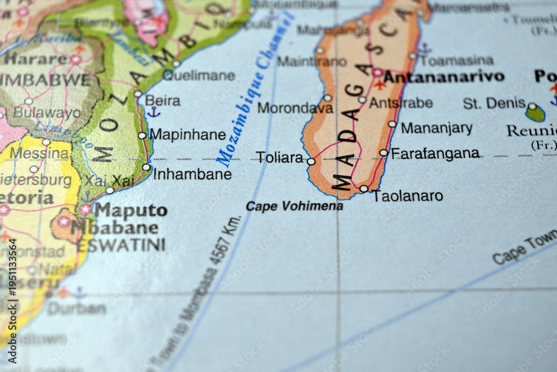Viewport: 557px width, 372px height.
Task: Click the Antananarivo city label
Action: click(443, 76)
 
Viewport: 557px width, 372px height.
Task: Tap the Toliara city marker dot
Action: click(311, 162)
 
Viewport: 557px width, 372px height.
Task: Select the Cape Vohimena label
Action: click(294, 206)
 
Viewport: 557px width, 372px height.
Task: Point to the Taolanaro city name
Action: click(408, 196)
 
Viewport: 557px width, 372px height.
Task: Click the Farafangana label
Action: click(435, 153)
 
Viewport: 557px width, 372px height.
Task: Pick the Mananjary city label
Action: click(437, 128)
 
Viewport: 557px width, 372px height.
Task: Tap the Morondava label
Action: click(295, 108)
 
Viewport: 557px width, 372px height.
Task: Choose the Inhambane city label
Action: click(192, 174)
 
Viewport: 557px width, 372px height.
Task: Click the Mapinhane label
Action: click(188, 134)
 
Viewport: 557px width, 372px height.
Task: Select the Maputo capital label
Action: click(130, 210)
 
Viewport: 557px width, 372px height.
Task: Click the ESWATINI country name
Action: click(121, 245)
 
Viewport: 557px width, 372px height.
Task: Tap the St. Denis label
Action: click(494, 103)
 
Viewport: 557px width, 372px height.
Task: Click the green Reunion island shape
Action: click(535, 114)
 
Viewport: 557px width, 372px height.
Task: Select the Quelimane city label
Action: click(199, 75)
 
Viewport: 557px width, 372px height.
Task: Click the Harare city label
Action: click(36, 59)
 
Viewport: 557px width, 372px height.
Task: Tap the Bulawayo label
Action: click(47, 113)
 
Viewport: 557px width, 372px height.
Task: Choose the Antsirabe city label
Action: click(400, 103)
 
